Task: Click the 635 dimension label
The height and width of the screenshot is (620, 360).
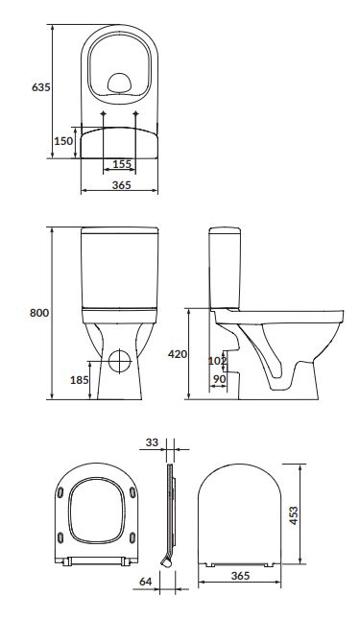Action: [x=41, y=87]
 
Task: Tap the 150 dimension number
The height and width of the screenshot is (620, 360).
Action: [x=63, y=141]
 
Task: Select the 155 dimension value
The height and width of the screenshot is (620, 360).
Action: [x=122, y=163]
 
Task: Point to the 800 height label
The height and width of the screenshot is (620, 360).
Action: [x=39, y=313]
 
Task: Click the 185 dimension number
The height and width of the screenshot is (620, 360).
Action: [x=80, y=380]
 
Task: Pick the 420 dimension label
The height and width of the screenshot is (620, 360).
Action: [x=178, y=354]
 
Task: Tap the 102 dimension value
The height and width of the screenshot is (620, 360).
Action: [x=217, y=361]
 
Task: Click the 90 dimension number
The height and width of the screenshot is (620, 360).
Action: [x=219, y=379]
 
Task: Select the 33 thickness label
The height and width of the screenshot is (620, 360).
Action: [x=152, y=442]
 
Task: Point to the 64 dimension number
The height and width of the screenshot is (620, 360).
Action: [x=146, y=582]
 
